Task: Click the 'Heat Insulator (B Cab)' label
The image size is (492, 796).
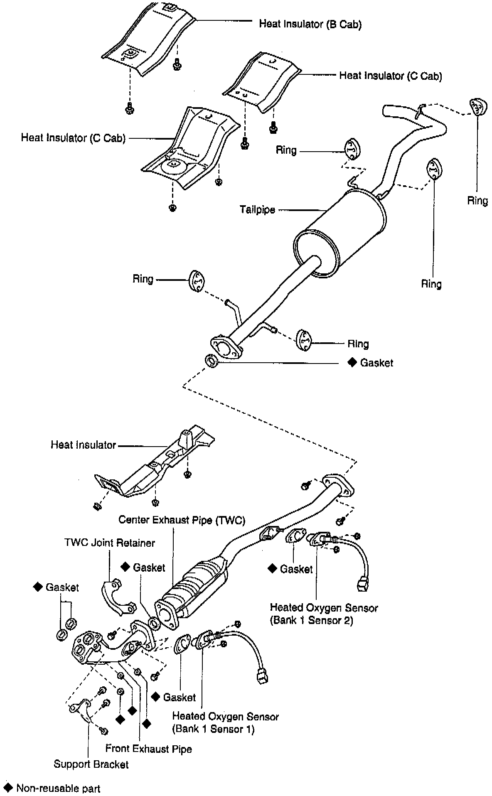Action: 310,24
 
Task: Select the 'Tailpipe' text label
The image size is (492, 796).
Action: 257,209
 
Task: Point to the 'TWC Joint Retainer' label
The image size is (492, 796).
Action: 110,543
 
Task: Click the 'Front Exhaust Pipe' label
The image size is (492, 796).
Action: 148,749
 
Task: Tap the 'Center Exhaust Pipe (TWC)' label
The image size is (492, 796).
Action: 182,520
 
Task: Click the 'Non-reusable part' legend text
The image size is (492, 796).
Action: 58,788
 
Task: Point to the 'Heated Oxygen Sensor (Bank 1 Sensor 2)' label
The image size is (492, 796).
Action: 324,614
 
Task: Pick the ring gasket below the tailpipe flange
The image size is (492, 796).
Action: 212,361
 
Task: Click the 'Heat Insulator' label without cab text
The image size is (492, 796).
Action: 83,445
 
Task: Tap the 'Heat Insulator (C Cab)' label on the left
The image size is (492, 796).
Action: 73,138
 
